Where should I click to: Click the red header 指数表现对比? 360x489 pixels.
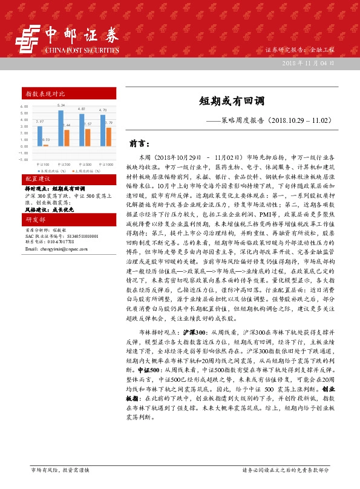tap(45, 94)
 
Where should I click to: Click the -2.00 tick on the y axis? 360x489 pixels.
tap(24, 160)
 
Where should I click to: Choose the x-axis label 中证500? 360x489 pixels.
tap(84, 164)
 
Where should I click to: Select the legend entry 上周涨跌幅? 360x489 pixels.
tap(85, 171)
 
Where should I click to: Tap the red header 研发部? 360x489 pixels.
tap(36, 219)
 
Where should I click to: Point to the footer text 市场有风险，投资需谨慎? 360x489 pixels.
tap(60, 470)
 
